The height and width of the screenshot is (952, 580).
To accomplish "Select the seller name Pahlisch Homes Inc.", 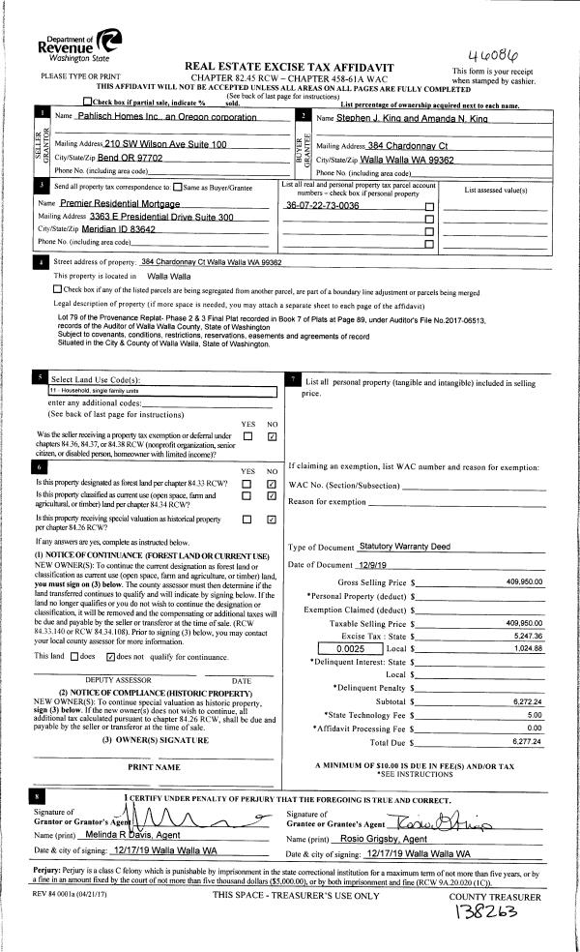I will (157, 117).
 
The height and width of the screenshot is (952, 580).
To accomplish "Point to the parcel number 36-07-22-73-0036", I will (322, 206).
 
